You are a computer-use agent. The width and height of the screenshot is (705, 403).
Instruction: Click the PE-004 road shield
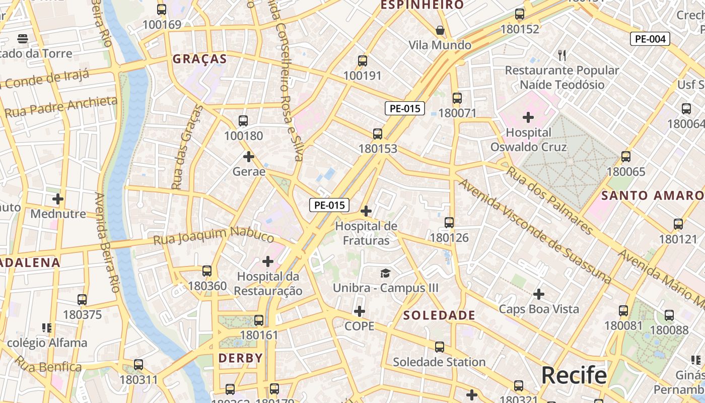pos(650,39)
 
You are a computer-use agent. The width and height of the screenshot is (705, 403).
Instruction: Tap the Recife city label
pos(574,376)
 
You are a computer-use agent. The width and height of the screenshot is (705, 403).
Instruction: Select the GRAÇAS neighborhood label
pos(200,59)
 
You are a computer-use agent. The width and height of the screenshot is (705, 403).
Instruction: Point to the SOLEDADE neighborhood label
pos(440,315)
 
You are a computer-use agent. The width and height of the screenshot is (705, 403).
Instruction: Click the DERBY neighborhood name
pos(241,358)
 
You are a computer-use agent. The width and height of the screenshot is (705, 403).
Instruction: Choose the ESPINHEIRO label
pos(422,5)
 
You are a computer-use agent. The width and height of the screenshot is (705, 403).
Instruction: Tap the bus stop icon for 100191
pos(362,61)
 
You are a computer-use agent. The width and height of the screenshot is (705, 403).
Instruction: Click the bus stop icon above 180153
pos(378,134)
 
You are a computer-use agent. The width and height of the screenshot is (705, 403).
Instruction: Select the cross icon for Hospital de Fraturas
pos(366,211)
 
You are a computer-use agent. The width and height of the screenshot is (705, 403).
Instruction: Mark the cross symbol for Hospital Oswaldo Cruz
pos(528,118)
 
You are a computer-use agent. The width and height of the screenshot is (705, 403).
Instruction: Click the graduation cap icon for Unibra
pos(385,273)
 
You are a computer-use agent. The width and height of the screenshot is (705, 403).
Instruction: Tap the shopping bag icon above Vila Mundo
pos(440,31)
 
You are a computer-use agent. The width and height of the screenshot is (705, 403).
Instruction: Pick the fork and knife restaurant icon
pos(562,55)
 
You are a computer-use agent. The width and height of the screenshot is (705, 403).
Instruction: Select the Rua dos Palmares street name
pos(549,200)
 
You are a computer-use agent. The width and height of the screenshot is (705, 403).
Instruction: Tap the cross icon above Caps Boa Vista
pos(539,294)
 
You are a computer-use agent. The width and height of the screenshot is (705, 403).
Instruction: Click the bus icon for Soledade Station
pos(440,347)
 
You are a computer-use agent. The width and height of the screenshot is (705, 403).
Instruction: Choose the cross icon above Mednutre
pos(58,199)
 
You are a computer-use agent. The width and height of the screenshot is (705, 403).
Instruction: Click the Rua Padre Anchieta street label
pos(61,107)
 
